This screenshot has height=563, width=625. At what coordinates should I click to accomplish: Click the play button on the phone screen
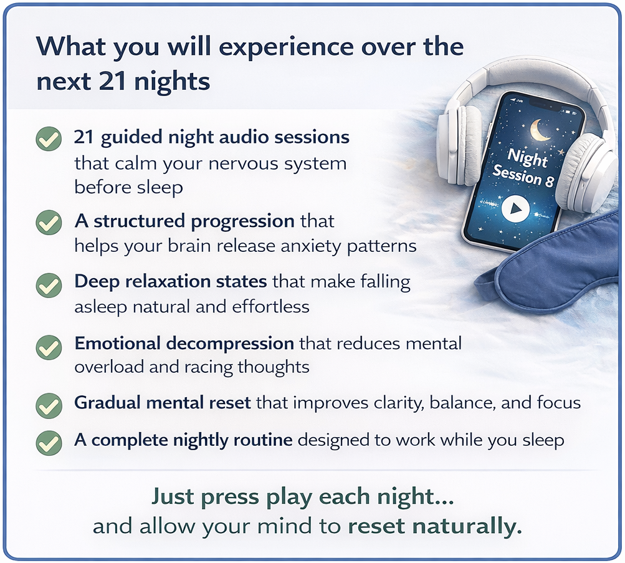point(515,208)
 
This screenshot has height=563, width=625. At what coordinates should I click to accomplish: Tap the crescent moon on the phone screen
point(539,130)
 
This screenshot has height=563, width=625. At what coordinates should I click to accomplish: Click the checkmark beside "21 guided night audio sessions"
point(49,139)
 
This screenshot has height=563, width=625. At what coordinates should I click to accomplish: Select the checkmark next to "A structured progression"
point(49,223)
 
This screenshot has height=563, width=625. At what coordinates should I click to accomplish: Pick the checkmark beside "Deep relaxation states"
point(49,285)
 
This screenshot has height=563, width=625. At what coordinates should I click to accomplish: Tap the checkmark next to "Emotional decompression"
point(49,347)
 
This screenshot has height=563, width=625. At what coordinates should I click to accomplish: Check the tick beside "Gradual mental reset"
point(49,405)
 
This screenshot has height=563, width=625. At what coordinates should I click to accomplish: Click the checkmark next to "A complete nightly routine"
point(49,443)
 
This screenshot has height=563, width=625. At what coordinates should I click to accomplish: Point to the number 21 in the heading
point(113,81)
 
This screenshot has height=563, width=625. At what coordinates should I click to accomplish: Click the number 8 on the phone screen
point(549,181)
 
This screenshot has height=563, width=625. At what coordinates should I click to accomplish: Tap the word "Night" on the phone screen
point(527,158)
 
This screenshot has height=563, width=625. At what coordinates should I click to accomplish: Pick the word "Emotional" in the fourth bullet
point(118,344)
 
